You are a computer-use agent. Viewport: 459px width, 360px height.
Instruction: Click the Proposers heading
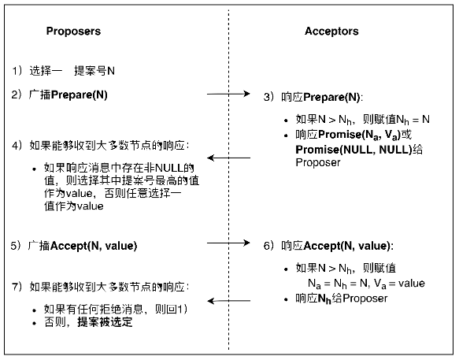pyautogui.click(x=73, y=32)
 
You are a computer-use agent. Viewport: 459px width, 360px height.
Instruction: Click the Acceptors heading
pyautogui.click(x=331, y=31)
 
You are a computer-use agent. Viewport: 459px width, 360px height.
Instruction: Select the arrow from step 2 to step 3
pyautogui.click(x=228, y=94)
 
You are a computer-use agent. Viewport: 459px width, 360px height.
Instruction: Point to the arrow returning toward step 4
pyautogui.click(x=228, y=158)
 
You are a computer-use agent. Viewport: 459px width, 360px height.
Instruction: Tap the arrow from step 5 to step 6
pyautogui.click(x=228, y=243)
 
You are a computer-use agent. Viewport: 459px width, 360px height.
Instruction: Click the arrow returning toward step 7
pyautogui.click(x=228, y=301)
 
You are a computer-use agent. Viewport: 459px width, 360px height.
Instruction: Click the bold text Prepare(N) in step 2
pyautogui.click(x=79, y=95)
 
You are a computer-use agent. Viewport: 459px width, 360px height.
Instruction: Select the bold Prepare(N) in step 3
pyautogui.click(x=331, y=97)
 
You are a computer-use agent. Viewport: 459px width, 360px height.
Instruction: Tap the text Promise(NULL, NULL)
pyautogui.click(x=354, y=150)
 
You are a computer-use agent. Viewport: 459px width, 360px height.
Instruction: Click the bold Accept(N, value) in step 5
pyautogui.click(x=94, y=246)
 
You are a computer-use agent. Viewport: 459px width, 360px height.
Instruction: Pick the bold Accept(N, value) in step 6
pyautogui.click(x=347, y=246)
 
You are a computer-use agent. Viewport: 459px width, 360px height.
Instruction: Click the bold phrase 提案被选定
pyautogui.click(x=105, y=322)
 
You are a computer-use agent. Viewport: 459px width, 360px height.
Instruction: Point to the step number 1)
pyautogui.click(x=17, y=71)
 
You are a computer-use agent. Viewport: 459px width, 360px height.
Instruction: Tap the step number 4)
pyautogui.click(x=17, y=146)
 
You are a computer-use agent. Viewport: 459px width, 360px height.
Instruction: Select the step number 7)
pyautogui.click(x=17, y=287)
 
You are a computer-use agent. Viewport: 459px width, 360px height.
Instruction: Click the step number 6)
pyautogui.click(x=268, y=246)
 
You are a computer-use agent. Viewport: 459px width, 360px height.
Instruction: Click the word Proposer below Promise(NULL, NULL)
pyautogui.click(x=318, y=162)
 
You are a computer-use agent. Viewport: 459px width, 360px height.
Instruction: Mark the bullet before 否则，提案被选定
pyautogui.click(x=35, y=324)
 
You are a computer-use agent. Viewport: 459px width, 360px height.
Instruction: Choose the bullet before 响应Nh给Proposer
pyautogui.click(x=286, y=299)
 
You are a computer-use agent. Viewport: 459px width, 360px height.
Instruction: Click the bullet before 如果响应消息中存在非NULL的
pyautogui.click(x=35, y=169)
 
